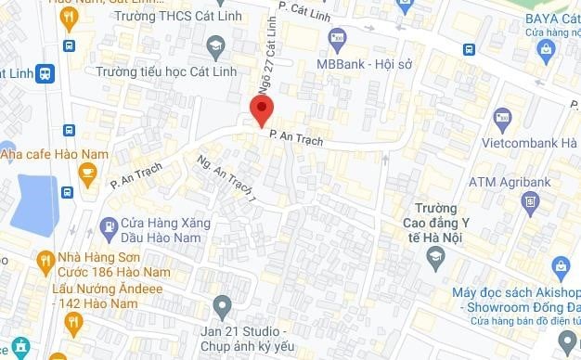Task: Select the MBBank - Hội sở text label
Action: pyautogui.click(x=363, y=65)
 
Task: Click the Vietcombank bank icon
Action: pyautogui.click(x=502, y=119)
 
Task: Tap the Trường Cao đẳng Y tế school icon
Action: pyautogui.click(x=434, y=256)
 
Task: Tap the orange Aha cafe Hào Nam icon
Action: pyautogui.click(x=87, y=173)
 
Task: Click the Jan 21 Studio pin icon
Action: pyautogui.click(x=221, y=304)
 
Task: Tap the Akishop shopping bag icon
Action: pyautogui.click(x=560, y=267)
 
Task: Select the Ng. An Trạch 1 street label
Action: pyautogui.click(x=226, y=180)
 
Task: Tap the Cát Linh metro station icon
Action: pyautogui.click(x=44, y=75)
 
